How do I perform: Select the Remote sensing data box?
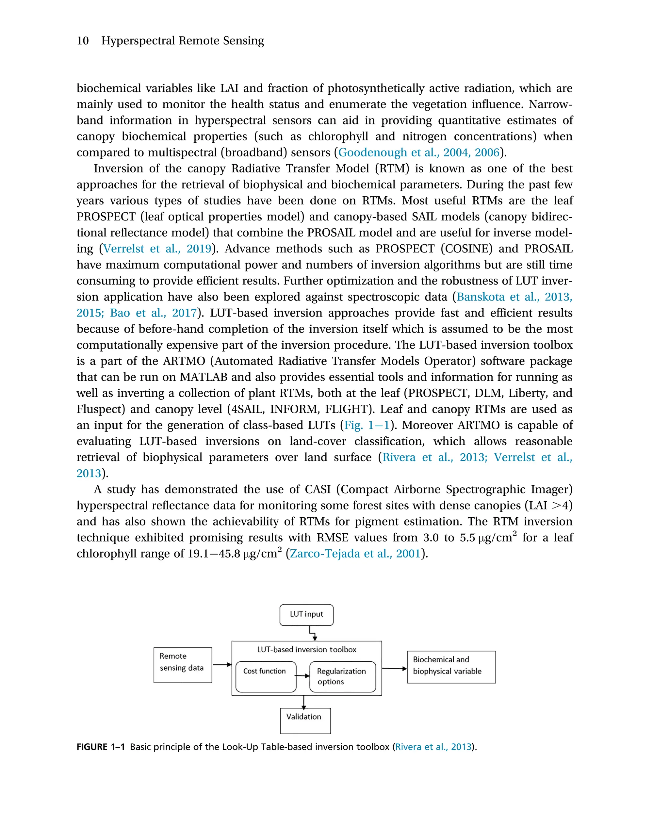(183, 665)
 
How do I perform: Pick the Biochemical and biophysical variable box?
(451, 667)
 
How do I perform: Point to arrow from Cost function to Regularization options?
(302, 675)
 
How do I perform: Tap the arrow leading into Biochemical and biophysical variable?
(394, 668)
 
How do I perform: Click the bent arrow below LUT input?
(313, 633)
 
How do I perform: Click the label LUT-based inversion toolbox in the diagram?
(307, 649)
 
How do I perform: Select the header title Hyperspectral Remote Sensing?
(182, 40)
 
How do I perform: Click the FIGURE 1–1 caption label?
(101, 747)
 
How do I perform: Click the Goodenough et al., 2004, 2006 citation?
(418, 152)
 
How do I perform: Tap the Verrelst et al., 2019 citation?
(157, 249)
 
